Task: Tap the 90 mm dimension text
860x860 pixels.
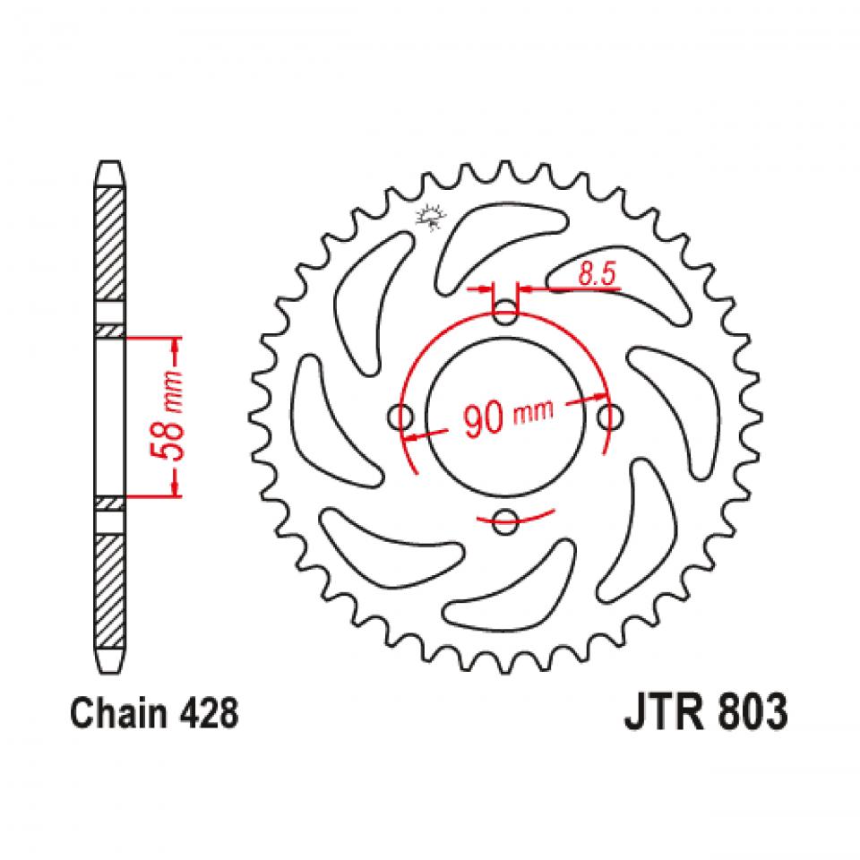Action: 507,417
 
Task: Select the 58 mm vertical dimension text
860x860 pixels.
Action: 176,417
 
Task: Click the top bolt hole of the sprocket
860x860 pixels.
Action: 506,314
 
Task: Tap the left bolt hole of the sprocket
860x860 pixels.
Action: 400,417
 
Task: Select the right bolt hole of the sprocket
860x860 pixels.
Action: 611,417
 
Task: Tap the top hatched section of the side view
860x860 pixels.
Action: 108,242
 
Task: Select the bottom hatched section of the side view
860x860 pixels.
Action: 108,591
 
